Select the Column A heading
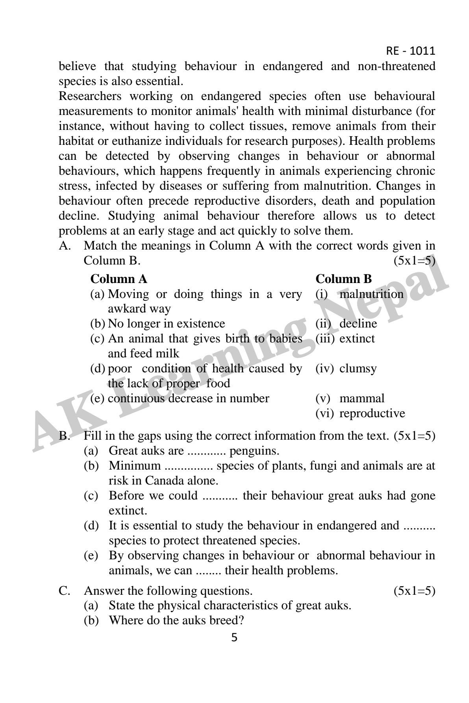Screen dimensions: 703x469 tap(119, 279)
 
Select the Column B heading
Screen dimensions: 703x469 tap(343, 279)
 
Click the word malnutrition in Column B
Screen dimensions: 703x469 tap(371, 294)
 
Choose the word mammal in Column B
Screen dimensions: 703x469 tap(361, 398)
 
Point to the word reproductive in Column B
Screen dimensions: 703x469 tap(372, 413)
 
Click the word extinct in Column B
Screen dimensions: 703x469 tap(357, 339)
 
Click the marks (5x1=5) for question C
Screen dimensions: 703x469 tap(414, 590)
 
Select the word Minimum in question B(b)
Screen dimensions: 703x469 tap(135, 466)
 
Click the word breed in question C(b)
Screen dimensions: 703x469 tap(226, 620)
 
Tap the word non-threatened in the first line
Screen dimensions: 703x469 tap(396, 67)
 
